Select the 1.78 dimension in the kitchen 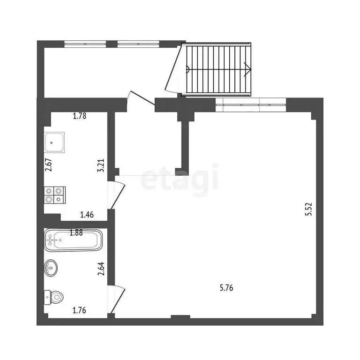tap(80, 117)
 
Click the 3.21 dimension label tap(100, 166)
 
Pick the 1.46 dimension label tap(87, 215)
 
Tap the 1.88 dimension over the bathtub tap(76, 232)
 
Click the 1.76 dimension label tap(79, 309)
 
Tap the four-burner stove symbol tap(54, 195)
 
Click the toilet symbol tap(54, 297)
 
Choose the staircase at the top tap(217, 69)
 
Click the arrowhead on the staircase tap(248, 69)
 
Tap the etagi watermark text tap(180, 178)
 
